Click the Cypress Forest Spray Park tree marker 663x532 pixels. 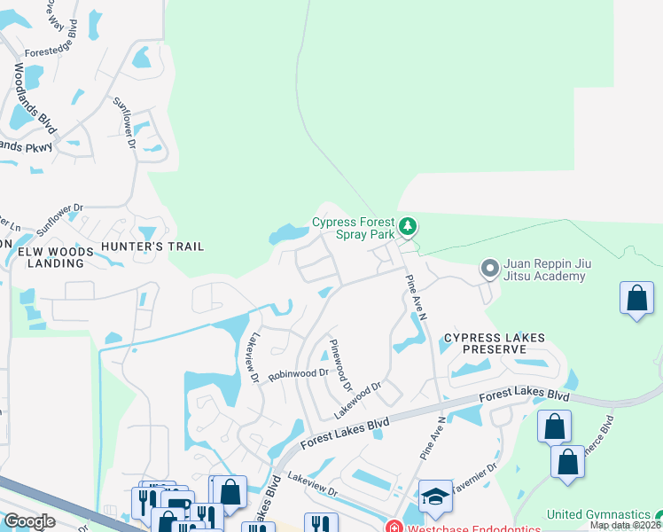[408, 228]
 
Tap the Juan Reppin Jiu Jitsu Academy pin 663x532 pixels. [488, 267]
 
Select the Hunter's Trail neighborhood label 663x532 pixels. [152, 246]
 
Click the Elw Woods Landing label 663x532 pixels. [56, 257]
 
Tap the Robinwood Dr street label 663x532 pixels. [299, 374]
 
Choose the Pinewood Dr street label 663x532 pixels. [340, 364]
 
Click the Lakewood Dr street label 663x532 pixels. [357, 400]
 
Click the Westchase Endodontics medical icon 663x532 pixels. [394, 527]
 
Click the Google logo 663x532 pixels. [30, 520]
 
